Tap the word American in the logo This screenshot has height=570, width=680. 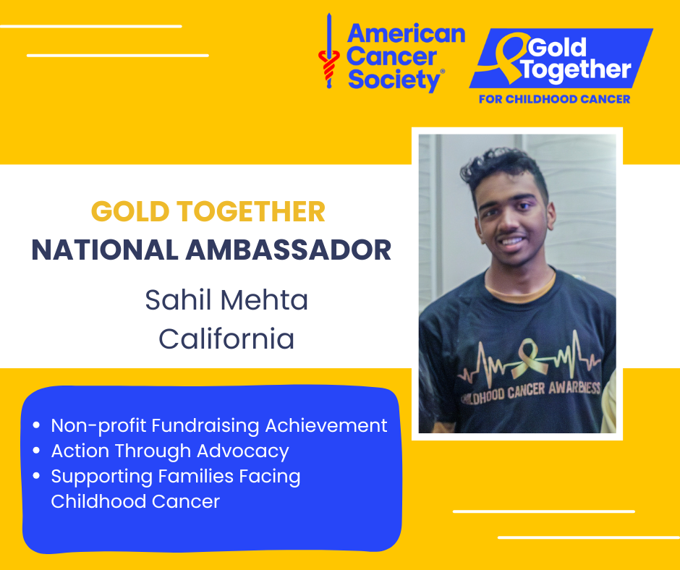coord(406,34)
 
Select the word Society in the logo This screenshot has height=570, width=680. coord(394,80)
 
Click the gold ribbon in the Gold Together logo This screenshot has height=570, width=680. coord(510,56)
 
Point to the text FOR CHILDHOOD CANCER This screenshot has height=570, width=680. coord(554,99)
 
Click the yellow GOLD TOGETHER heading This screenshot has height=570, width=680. coord(208,212)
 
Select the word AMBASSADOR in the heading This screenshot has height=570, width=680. coord(289,250)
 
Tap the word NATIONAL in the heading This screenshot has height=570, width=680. coord(105,250)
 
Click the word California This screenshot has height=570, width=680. coord(226,339)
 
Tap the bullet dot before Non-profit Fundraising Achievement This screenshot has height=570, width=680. coord(36,425)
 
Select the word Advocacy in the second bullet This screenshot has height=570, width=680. coord(243,451)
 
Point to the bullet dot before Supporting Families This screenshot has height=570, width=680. coord(36,476)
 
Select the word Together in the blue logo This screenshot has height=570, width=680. coord(576,69)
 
